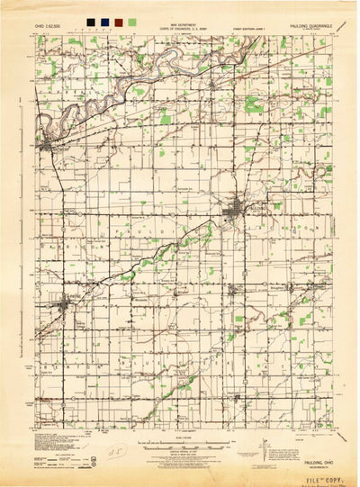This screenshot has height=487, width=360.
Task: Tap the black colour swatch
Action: click(x=89, y=20)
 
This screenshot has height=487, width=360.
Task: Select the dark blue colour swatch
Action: click(x=103, y=20)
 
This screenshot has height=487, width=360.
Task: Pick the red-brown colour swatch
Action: click(x=118, y=20)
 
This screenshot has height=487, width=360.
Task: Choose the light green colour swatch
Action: click(x=132, y=20)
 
